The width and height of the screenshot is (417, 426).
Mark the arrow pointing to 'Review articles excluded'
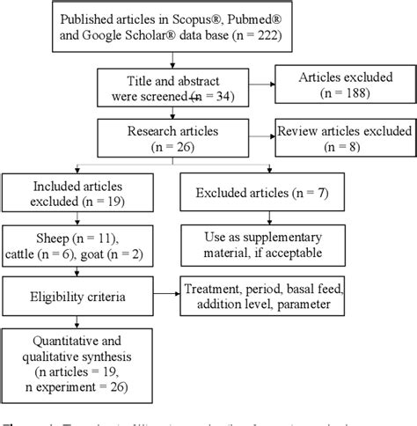point(263,136)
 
